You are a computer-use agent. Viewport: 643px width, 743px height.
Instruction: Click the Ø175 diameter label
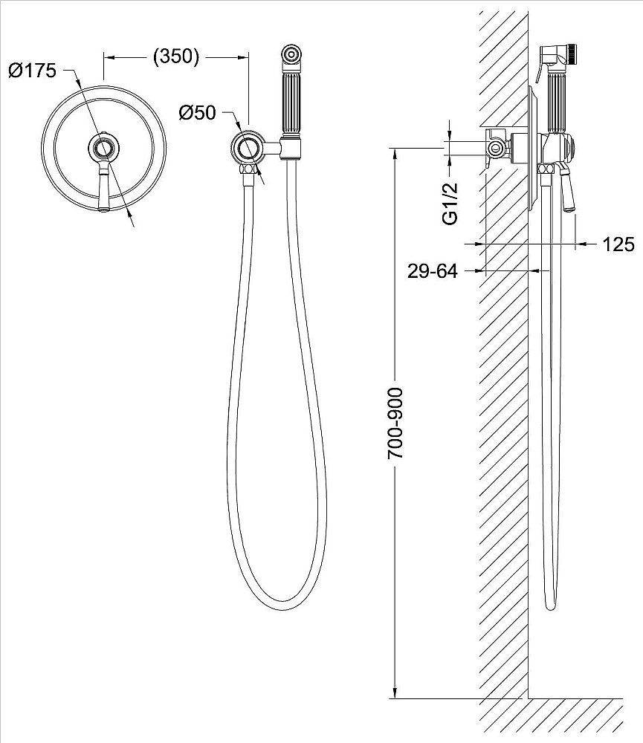click(x=32, y=71)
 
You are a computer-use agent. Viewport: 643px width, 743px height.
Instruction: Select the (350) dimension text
click(x=176, y=56)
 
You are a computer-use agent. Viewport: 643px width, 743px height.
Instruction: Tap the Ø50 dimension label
click(x=197, y=113)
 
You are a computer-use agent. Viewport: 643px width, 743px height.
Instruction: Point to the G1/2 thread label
click(x=450, y=203)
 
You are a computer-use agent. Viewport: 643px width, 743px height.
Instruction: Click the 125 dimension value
click(x=618, y=244)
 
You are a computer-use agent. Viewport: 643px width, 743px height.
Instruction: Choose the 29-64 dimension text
click(x=433, y=271)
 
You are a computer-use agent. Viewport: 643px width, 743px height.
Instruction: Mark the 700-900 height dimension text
click(x=395, y=424)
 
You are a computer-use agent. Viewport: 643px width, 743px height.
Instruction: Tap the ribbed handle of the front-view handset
click(x=291, y=105)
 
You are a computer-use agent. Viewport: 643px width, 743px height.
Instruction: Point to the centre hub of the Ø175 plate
click(x=104, y=149)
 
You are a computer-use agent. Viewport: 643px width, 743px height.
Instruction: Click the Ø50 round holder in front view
click(x=246, y=149)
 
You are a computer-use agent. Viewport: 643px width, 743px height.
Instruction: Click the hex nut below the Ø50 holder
click(x=248, y=169)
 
